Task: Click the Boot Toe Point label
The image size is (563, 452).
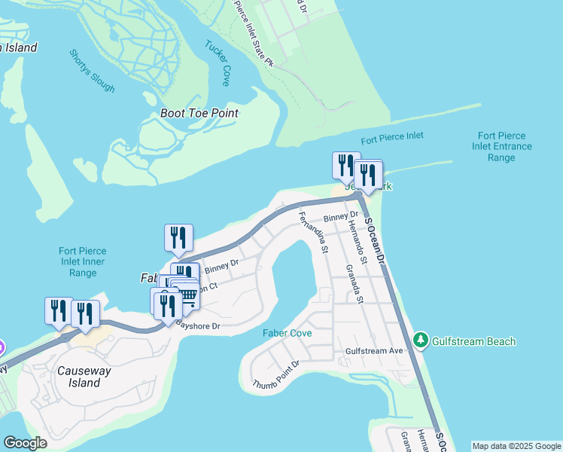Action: click(199, 113)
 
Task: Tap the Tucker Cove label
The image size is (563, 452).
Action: click(218, 62)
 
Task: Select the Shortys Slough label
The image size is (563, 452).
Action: click(92, 71)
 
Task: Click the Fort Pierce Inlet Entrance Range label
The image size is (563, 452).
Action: click(504, 146)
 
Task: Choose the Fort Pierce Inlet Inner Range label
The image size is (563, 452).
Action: click(83, 261)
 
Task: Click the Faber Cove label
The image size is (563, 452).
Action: click(287, 333)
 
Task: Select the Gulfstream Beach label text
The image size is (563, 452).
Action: click(474, 341)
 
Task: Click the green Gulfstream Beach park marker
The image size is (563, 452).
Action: click(421, 341)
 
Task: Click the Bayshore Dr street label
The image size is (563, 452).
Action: click(197, 325)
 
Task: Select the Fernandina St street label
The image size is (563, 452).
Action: click(313, 232)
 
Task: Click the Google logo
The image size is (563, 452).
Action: click(25, 443)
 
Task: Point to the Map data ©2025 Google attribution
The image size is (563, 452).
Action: click(516, 446)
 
